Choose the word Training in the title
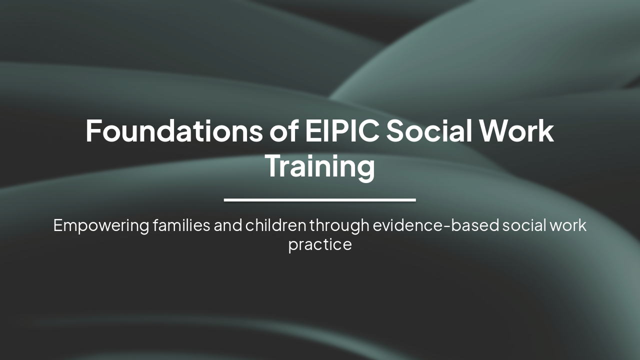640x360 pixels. tap(320, 167)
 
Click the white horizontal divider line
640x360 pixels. tap(320, 200)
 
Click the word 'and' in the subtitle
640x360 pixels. tap(228, 225)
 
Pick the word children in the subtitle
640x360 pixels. tap(275, 225)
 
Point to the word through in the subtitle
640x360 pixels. tap(339, 226)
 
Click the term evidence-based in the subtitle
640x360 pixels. tap(436, 225)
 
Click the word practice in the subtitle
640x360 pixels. tap(320, 245)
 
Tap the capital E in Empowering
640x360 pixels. tap(57, 225)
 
